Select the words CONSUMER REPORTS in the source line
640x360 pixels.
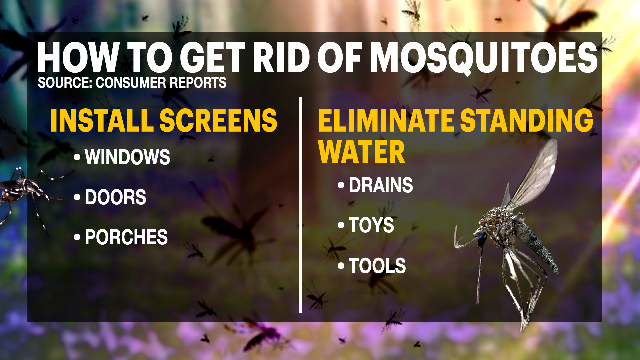(161, 83)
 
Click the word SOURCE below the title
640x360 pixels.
(65, 83)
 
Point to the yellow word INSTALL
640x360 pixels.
(102, 120)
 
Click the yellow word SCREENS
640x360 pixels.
(219, 120)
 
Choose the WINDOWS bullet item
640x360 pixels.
(127, 157)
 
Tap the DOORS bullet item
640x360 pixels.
(115, 197)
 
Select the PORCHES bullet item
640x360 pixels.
(126, 237)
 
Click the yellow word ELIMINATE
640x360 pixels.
(386, 120)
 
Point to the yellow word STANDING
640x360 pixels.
(527, 120)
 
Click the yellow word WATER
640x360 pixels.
(362, 152)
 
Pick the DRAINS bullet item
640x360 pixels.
(381, 185)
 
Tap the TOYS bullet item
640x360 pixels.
(371, 225)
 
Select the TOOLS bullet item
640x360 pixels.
(377, 266)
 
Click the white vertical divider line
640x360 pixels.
(301, 205)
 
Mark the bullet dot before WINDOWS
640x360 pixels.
(77, 157)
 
